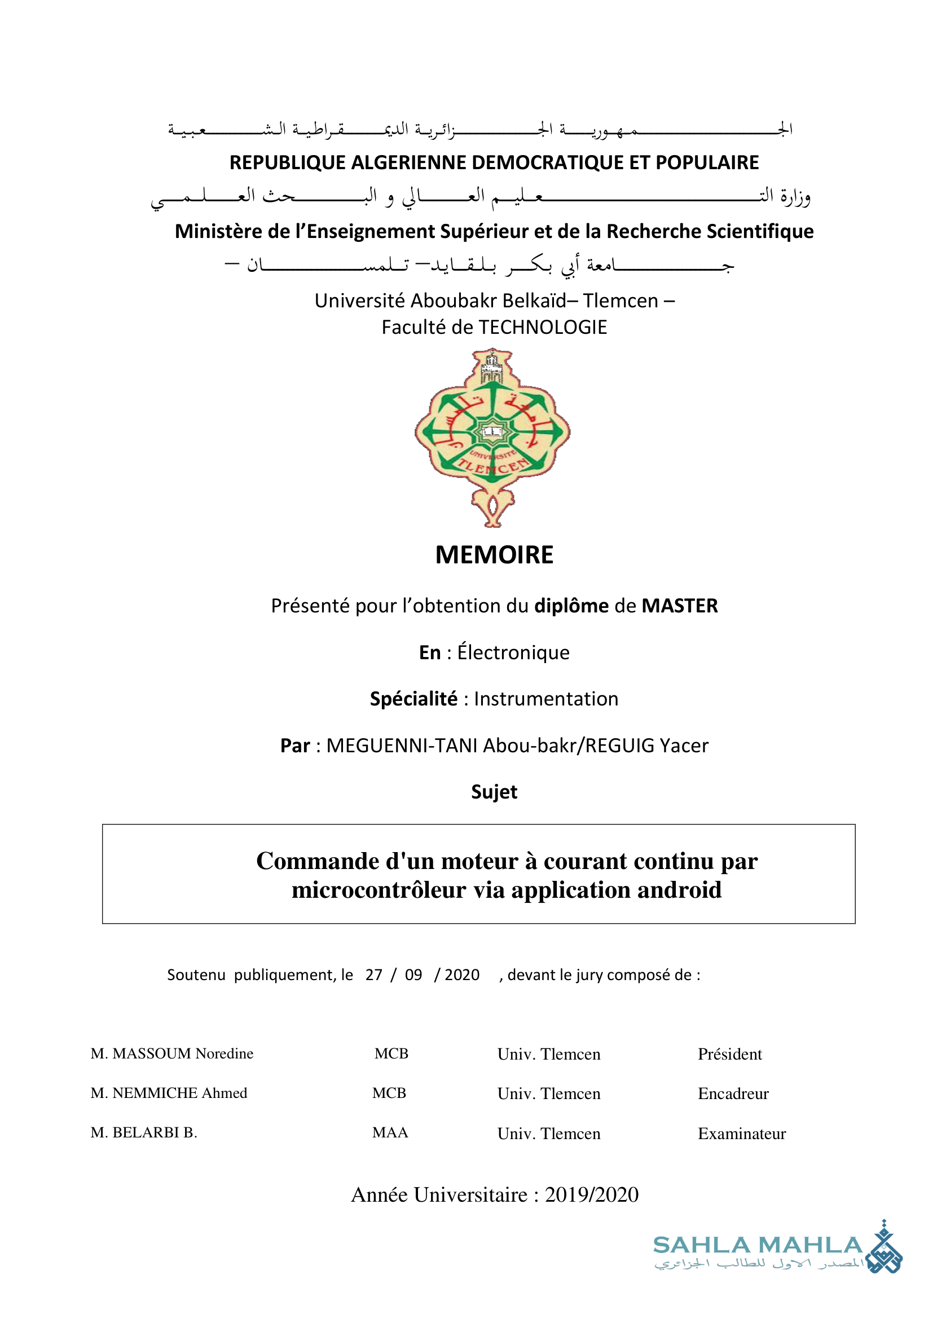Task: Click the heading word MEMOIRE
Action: click(x=494, y=555)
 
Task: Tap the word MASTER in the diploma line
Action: click(x=679, y=606)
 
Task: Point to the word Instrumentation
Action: click(x=546, y=699)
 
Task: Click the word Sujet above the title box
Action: click(x=494, y=792)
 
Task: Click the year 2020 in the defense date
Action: click(x=462, y=975)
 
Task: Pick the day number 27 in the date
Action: click(x=373, y=975)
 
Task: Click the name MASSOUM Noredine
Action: click(x=182, y=1053)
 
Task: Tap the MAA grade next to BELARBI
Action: click(x=390, y=1132)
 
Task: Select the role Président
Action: click(x=729, y=1054)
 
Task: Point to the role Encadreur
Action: click(x=733, y=1093)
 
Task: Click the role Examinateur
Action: click(x=742, y=1133)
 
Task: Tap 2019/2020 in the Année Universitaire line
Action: click(x=591, y=1195)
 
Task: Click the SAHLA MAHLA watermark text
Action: click(x=757, y=1246)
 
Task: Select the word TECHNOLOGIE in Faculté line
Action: click(x=542, y=328)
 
